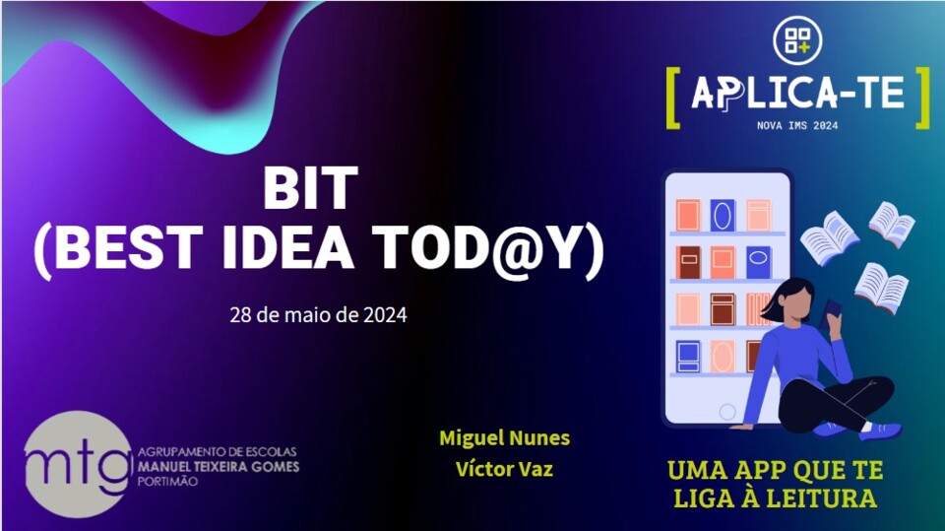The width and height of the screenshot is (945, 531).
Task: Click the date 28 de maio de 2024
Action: [x=318, y=316]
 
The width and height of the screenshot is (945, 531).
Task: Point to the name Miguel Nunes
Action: [x=504, y=437]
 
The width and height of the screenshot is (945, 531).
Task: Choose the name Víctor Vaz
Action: [x=504, y=469]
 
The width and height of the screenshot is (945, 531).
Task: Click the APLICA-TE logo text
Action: [x=797, y=93]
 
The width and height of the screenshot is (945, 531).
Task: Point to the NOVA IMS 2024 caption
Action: [x=796, y=126]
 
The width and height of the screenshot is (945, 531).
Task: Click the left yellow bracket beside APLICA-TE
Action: [x=672, y=97]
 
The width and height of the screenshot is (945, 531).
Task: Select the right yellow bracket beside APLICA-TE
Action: [x=922, y=97]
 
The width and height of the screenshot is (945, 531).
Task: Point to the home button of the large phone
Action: [x=727, y=411]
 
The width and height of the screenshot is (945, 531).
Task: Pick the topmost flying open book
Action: [x=892, y=223]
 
